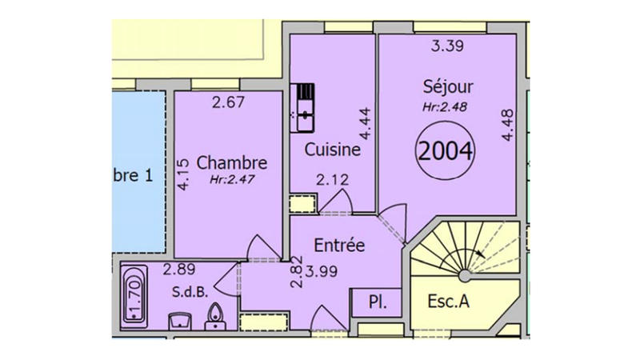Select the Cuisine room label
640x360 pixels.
pos(332,149)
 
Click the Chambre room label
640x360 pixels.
pos(232,163)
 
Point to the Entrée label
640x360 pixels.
pos(339,245)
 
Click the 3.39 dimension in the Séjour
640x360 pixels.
pos(448,46)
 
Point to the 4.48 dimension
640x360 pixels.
pos(506,126)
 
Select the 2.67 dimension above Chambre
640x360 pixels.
pos(228,102)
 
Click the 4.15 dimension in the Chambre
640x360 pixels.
pos(184,174)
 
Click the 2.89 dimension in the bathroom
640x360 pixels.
pos(181,270)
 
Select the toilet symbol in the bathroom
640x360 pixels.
pos(214,316)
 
